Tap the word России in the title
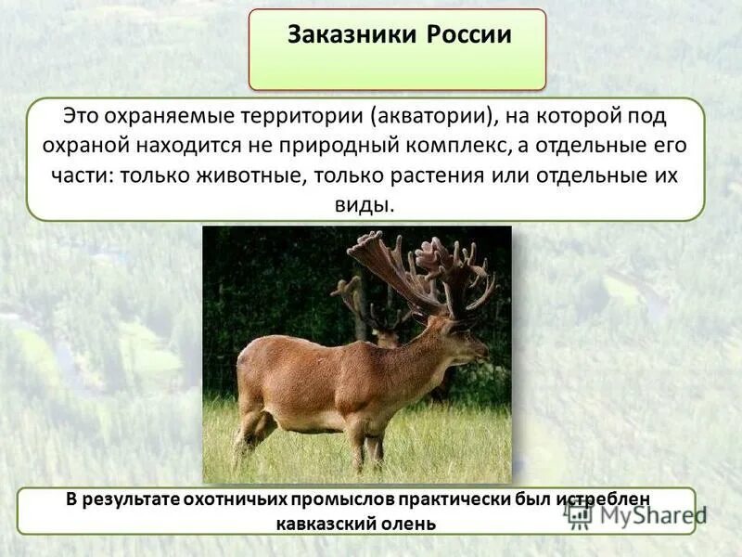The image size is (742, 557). [469, 35]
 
